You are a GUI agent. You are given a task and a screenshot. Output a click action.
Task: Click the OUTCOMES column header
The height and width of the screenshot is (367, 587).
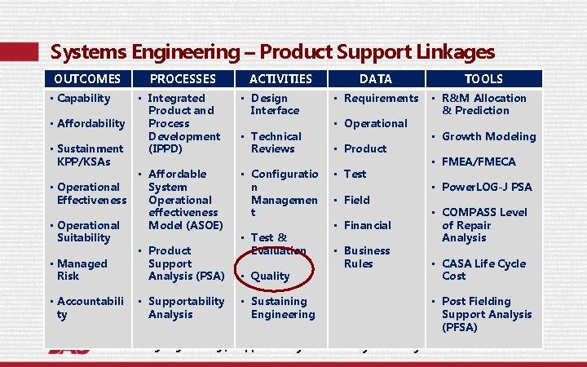(86, 79)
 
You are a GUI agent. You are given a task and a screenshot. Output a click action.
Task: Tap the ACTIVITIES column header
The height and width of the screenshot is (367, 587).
(280, 79)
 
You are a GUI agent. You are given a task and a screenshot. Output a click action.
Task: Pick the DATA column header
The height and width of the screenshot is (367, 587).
(375, 79)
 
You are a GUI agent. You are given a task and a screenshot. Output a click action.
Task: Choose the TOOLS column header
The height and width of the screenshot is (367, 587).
(483, 79)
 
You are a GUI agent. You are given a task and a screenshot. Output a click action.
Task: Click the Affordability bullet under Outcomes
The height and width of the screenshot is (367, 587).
(90, 123)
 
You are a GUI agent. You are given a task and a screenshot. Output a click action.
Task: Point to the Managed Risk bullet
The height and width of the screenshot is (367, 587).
(82, 270)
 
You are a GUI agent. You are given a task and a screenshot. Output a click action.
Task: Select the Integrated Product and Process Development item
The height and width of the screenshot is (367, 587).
(183, 123)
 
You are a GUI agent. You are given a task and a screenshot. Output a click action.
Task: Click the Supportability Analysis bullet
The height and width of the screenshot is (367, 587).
(186, 307)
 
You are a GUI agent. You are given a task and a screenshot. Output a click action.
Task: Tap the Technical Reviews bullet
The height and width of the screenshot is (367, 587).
(276, 143)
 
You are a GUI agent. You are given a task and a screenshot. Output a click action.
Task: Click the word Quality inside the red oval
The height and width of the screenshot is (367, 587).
(270, 276)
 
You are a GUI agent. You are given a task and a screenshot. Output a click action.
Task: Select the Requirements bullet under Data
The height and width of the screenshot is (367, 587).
(381, 98)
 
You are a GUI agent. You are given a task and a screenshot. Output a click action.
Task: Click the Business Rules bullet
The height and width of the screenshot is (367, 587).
(366, 257)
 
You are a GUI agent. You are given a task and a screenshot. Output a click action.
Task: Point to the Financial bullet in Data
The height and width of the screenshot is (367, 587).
(367, 225)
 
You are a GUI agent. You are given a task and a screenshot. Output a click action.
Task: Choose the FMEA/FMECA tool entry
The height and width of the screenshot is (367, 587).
(490, 161)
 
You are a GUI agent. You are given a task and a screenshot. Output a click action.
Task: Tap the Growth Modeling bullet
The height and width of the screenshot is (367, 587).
(488, 136)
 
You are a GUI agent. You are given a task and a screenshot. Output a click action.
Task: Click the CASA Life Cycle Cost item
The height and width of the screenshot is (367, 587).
(483, 270)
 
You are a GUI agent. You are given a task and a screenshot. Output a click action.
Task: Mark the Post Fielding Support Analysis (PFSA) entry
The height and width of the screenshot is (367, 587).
(486, 314)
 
